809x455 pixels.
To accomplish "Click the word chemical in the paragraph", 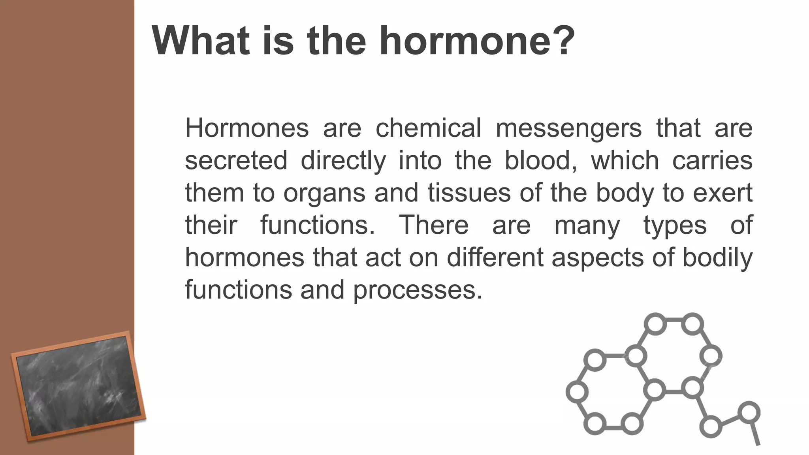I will click(x=428, y=128).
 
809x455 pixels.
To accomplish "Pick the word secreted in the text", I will click(x=236, y=161).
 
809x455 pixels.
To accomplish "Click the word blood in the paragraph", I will click(x=538, y=161).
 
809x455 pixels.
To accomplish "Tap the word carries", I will click(x=712, y=161).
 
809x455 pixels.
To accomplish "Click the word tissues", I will click(x=469, y=193).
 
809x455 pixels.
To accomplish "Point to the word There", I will click(x=434, y=225).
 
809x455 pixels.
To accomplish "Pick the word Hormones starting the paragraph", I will click(x=247, y=128).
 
